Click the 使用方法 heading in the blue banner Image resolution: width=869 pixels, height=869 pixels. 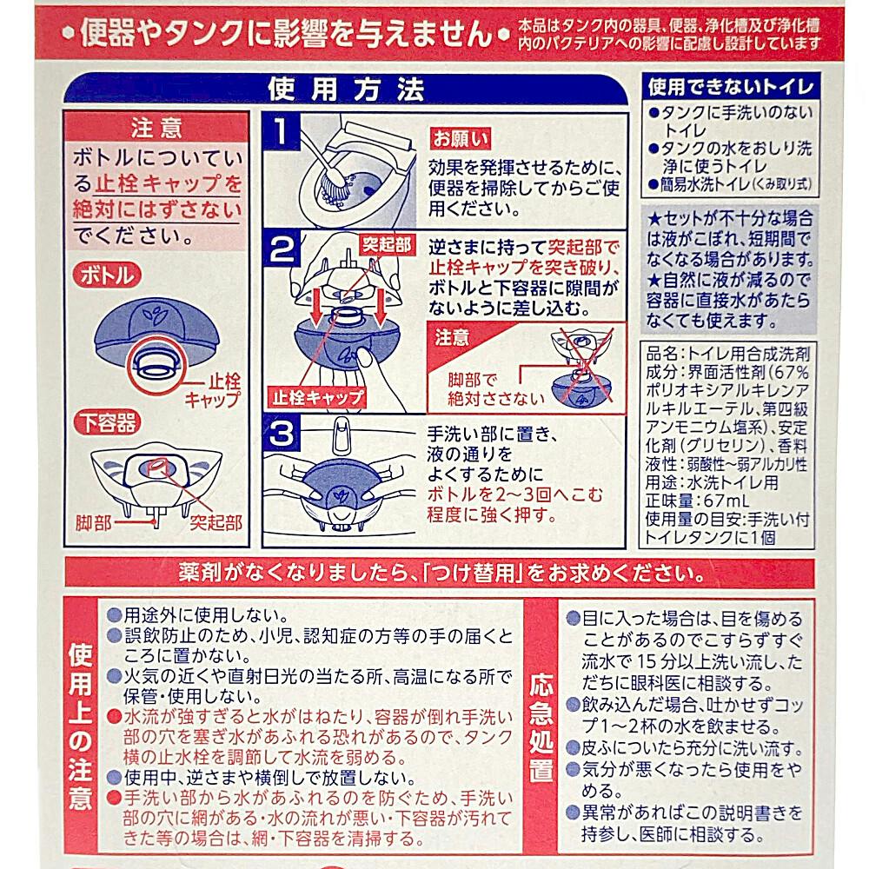coord(346,89)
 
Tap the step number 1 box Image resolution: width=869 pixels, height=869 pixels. coord(281,131)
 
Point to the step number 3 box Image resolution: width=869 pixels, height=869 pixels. coord(281,433)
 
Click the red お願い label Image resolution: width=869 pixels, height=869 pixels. coord(461,138)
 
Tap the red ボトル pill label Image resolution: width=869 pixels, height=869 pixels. coord(107,275)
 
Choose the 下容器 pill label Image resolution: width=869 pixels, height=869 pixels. coord(107,423)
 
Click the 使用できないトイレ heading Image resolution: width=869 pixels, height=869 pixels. coord(730,86)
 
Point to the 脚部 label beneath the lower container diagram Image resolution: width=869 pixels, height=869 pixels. coord(93,522)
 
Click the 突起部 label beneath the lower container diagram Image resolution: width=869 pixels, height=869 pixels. coord(216,522)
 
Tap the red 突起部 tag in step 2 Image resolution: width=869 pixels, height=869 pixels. coord(387,244)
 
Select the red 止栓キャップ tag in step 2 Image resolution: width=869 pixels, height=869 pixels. coord(317,397)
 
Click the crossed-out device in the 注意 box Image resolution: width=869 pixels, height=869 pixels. coord(581,365)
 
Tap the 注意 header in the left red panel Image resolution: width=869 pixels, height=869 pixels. coord(156,128)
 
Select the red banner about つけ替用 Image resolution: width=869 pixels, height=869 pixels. coord(440,573)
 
